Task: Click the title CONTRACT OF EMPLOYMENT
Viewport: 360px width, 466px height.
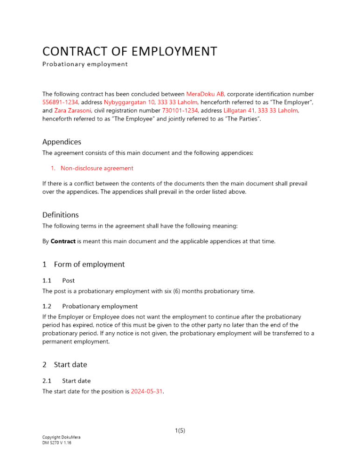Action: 130,51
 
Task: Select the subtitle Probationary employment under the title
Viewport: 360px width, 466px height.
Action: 85,64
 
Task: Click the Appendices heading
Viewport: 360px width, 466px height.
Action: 62,142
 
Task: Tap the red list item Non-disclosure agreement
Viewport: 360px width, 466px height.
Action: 97,168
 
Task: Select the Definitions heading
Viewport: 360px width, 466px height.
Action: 61,215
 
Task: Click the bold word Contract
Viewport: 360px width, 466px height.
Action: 63,241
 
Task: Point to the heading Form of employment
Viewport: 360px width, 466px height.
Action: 89,264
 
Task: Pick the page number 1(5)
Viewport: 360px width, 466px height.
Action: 180,431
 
